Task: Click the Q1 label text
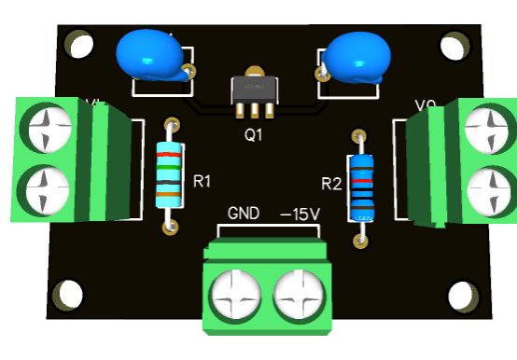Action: coord(254,134)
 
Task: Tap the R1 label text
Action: coord(203,180)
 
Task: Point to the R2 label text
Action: coord(331,183)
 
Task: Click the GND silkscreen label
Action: coord(244,214)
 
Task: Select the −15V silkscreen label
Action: coord(300,214)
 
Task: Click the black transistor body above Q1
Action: coord(254,90)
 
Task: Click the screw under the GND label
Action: coord(236,298)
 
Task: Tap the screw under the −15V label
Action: coord(300,298)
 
